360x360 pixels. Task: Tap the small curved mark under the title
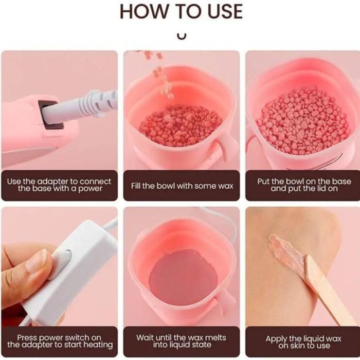point(182,37)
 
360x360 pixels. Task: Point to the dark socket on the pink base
point(51,114)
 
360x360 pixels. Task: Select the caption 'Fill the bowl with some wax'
point(182,186)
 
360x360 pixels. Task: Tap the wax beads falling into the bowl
point(160,74)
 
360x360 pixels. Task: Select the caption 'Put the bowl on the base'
point(304,182)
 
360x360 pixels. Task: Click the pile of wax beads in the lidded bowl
point(303,121)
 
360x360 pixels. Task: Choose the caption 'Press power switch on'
point(59,338)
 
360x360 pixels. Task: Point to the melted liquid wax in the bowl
point(183,274)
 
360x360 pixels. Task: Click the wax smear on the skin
point(286,253)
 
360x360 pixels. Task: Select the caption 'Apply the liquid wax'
point(303,339)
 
